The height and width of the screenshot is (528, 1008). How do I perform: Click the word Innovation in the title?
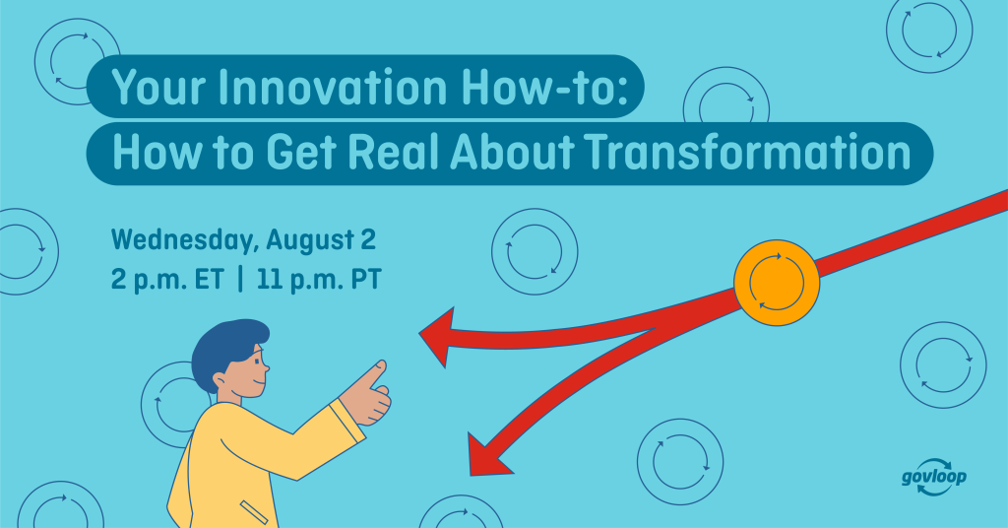(333, 87)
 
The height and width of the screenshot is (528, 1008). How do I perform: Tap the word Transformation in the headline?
(749, 152)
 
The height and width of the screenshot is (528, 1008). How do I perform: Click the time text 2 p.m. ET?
(167, 280)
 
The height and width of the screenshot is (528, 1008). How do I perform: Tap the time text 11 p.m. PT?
(319, 280)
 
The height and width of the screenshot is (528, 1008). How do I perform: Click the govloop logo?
(934, 477)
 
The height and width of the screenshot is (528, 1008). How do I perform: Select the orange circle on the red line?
(777, 283)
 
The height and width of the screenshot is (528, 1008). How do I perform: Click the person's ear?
(220, 380)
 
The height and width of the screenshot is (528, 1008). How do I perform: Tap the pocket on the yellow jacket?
(254, 512)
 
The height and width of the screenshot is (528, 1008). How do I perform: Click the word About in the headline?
(512, 152)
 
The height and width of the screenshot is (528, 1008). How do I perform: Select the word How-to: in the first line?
(544, 87)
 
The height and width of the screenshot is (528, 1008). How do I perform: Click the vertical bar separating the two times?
(240, 281)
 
